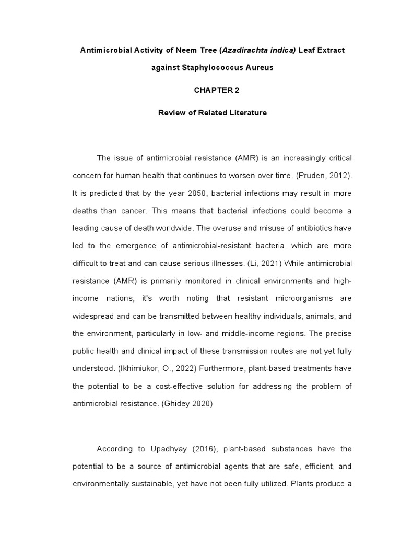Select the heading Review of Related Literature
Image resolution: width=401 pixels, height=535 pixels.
(213, 113)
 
